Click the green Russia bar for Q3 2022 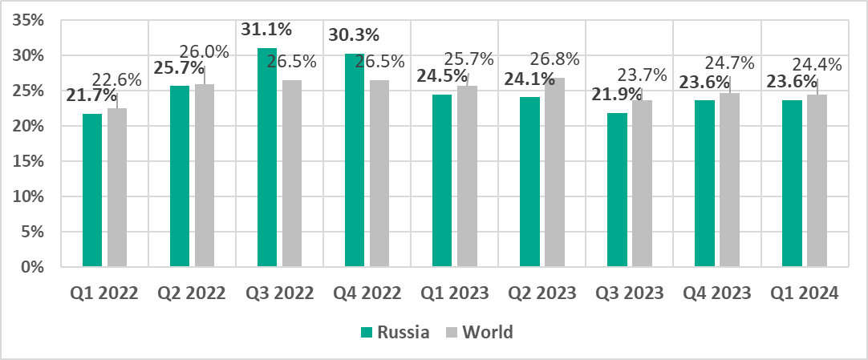267,157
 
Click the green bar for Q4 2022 355,160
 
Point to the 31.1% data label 267,30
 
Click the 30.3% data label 355,35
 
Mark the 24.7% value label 728,63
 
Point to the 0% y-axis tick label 37,267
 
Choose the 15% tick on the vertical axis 32,161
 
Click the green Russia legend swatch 367,332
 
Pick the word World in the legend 488,332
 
